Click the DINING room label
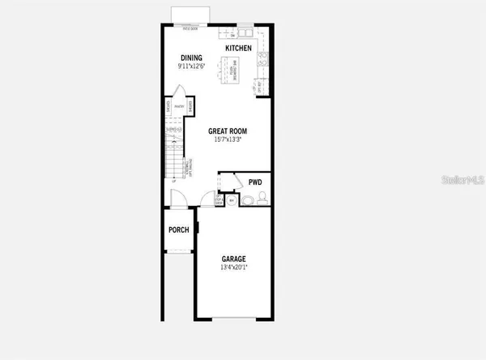click(191, 58)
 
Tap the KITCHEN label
click(238, 49)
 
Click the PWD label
click(255, 182)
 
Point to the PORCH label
click(179, 230)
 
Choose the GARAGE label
click(233, 259)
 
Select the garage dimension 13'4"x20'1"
click(233, 268)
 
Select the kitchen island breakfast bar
click(231, 75)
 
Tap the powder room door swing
click(230, 182)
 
